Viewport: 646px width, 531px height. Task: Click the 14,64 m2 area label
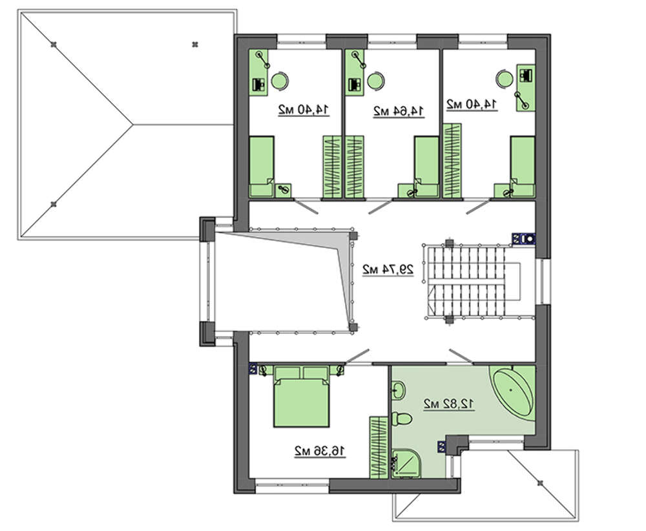click(x=399, y=111)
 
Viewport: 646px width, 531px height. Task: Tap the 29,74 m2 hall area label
click(x=388, y=269)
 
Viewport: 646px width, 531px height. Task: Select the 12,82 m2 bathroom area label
click(x=449, y=404)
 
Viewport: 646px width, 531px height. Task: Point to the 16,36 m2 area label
click(x=320, y=451)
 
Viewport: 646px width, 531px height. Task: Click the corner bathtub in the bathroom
click(x=513, y=391)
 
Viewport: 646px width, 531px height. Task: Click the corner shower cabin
click(x=406, y=464)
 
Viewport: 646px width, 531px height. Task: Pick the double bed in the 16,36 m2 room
click(x=302, y=396)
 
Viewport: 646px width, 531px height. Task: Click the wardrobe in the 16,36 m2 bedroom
click(x=379, y=448)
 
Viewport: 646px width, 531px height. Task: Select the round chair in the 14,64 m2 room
click(x=376, y=81)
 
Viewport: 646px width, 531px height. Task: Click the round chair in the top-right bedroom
click(x=505, y=78)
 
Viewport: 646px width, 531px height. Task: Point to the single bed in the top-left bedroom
click(x=262, y=167)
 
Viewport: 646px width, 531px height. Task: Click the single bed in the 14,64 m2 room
click(x=426, y=167)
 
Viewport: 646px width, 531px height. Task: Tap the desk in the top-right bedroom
click(x=526, y=87)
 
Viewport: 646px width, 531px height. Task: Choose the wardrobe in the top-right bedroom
click(x=452, y=160)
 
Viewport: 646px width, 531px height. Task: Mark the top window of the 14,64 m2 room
click(x=392, y=39)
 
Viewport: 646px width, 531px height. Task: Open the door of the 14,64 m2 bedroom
click(x=380, y=207)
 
